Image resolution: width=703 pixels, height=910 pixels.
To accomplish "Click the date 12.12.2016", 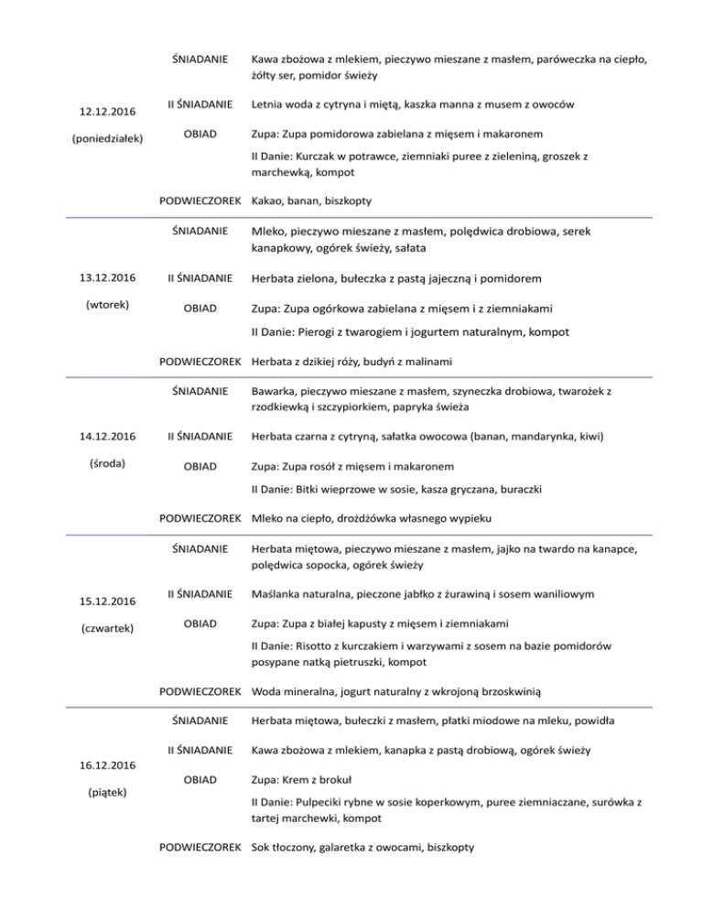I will coord(100,112).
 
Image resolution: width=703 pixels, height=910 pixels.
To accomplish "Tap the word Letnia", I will coord(270,105).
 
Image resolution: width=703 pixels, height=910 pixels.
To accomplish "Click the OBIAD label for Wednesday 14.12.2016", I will coord(200,466).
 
